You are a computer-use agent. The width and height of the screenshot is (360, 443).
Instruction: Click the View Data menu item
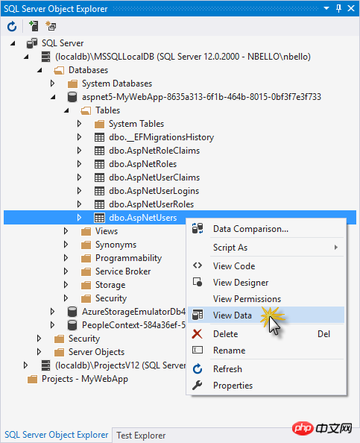click(233, 315)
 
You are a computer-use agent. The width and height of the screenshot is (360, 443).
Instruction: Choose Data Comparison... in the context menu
click(250, 229)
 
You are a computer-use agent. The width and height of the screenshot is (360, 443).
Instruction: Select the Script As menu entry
click(230, 248)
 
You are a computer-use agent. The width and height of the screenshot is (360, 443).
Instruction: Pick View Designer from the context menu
click(241, 283)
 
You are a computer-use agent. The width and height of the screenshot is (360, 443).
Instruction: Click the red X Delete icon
click(197, 334)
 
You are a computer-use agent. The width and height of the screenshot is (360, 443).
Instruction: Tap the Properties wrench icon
click(197, 386)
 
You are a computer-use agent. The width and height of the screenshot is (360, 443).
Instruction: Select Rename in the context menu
click(230, 351)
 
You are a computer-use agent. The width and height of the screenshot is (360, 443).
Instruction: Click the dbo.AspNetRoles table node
click(142, 164)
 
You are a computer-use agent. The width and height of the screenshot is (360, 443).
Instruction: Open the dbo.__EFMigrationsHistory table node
click(161, 137)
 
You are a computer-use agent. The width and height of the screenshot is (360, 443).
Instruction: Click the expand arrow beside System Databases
click(52, 84)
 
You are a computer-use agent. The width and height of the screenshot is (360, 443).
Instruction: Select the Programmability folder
click(128, 258)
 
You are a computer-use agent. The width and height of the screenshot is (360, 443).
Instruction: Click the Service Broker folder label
click(123, 271)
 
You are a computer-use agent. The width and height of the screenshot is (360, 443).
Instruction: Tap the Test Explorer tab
click(141, 436)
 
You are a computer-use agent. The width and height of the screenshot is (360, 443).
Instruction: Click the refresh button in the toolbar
click(12, 27)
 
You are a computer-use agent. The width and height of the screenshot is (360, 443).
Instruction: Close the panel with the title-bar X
click(351, 8)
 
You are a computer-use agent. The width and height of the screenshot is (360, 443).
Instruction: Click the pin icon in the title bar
click(339, 8)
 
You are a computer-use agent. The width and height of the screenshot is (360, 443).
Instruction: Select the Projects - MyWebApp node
click(85, 379)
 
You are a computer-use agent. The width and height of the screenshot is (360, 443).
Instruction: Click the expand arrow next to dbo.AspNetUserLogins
click(79, 191)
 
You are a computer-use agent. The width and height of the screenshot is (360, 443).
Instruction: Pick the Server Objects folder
click(96, 352)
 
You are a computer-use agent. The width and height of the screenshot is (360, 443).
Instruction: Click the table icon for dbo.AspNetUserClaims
click(99, 177)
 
